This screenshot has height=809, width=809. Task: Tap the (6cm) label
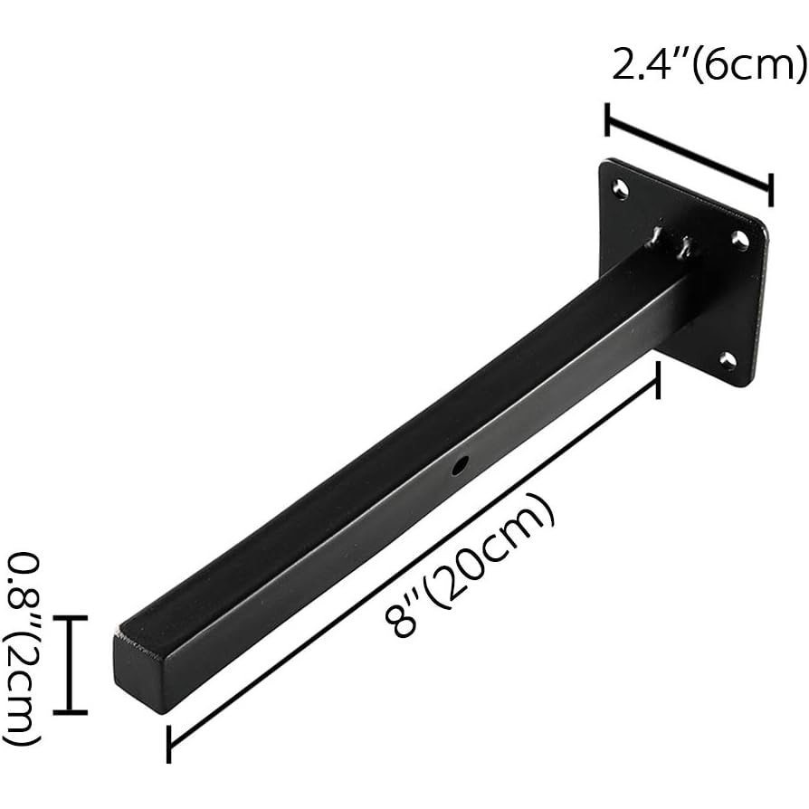click(x=747, y=65)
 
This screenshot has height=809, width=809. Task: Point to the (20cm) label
click(x=492, y=554)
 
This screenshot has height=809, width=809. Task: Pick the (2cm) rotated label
click(x=22, y=688)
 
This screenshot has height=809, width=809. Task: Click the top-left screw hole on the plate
click(x=620, y=189)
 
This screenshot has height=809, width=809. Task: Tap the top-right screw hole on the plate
click(x=739, y=241)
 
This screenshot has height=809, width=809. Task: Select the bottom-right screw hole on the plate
click(x=728, y=361)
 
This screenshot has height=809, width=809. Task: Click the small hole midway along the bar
click(x=460, y=467)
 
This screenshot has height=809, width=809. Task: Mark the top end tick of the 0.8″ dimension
click(x=70, y=618)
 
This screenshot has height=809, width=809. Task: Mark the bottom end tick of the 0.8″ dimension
click(x=70, y=712)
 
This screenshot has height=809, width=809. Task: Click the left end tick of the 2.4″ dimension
click(x=607, y=120)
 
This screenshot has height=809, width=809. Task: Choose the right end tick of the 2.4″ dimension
click(x=770, y=190)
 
